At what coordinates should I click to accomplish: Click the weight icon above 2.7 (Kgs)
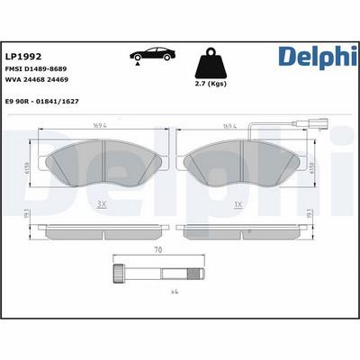(210, 64)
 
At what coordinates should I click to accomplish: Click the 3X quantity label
(102, 206)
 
